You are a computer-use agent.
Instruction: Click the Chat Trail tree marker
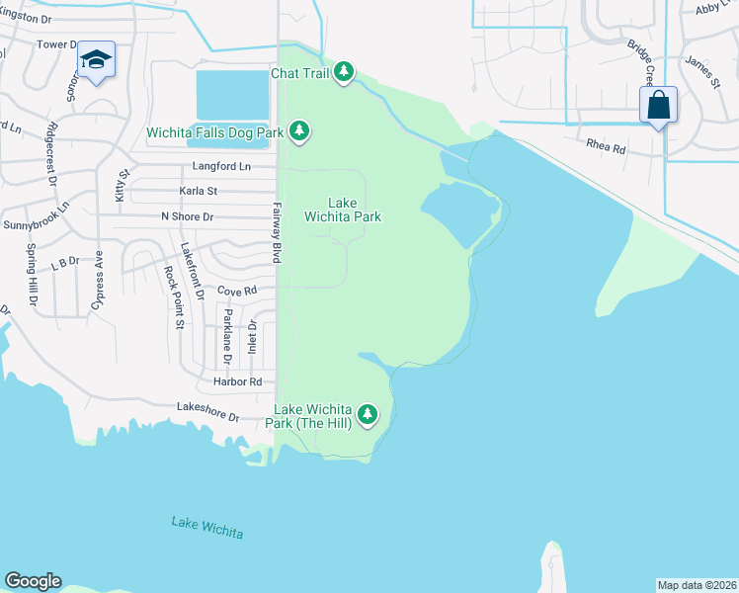[x=343, y=73]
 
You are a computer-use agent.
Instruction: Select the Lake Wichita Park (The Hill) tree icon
[x=368, y=414]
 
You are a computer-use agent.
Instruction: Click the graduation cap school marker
[x=97, y=61]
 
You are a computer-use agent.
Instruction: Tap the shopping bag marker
[x=658, y=106]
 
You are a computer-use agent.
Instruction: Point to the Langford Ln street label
[x=221, y=167]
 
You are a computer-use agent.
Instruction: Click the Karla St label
[x=198, y=191]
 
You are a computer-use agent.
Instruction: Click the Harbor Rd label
[x=238, y=381]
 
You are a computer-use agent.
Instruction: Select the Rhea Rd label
[x=607, y=149]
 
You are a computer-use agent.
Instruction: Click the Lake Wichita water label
[x=206, y=528]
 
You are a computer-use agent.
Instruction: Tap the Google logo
[x=33, y=581]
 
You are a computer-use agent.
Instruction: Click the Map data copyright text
[x=697, y=585]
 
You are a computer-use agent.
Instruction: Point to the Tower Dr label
[x=56, y=45]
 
